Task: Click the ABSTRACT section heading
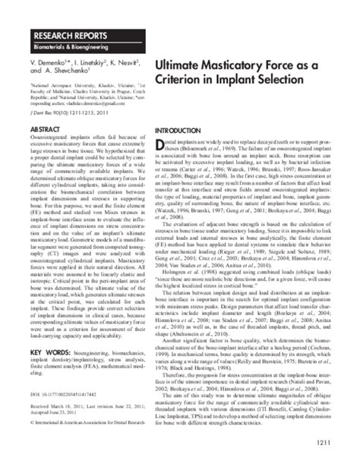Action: click(x=47, y=130)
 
